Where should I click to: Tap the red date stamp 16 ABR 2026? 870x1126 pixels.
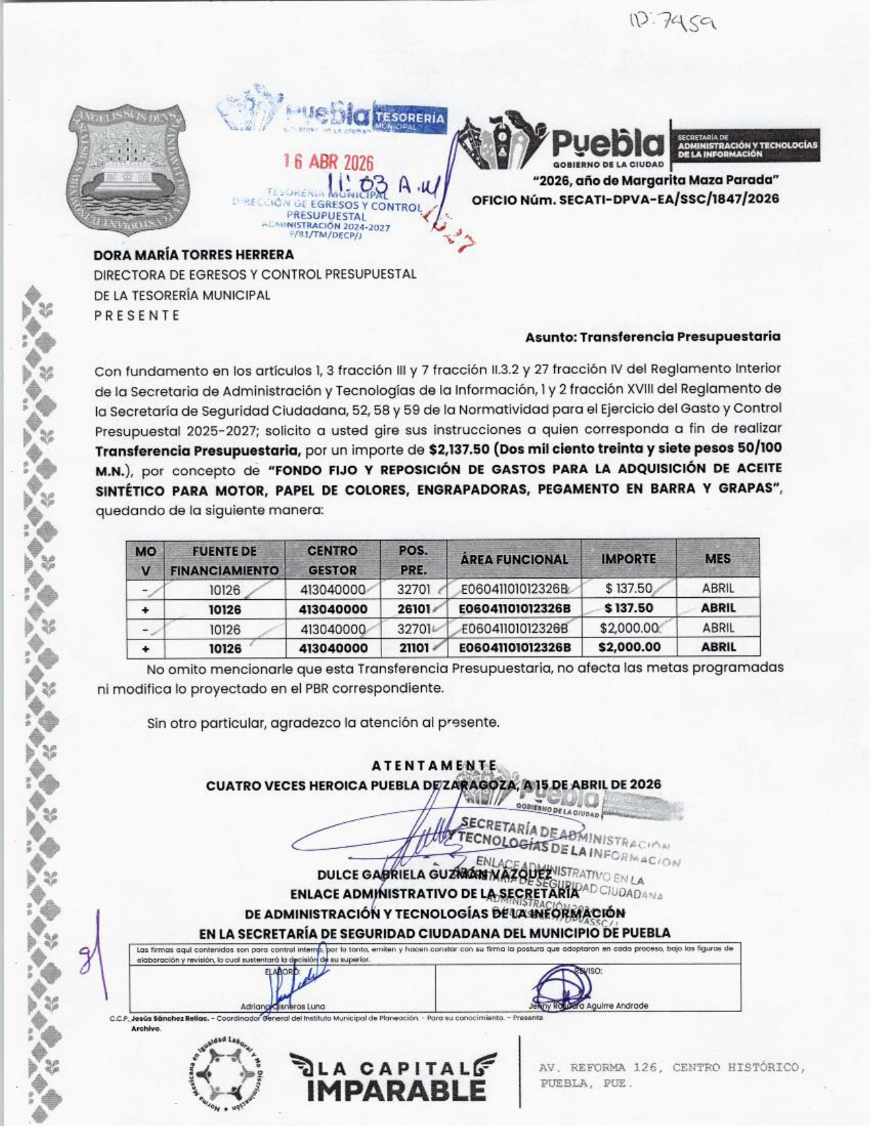(x=329, y=162)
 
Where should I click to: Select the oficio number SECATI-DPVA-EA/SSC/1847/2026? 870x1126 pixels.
(x=626, y=199)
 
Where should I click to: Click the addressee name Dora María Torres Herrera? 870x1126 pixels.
(x=194, y=255)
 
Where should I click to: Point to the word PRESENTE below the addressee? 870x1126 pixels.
(x=136, y=315)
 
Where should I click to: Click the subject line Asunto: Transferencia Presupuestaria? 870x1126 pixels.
(x=652, y=336)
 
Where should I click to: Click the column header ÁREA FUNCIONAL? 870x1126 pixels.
(x=514, y=560)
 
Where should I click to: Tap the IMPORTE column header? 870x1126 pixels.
(x=628, y=559)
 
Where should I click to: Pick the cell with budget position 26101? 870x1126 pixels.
(x=413, y=608)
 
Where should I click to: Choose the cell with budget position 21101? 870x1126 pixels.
(x=413, y=648)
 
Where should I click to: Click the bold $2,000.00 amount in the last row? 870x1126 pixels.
(x=629, y=647)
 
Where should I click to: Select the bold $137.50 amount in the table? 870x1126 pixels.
(x=629, y=607)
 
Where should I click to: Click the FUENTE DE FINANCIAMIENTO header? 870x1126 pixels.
(x=224, y=560)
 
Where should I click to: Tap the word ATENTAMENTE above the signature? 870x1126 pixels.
(x=434, y=766)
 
